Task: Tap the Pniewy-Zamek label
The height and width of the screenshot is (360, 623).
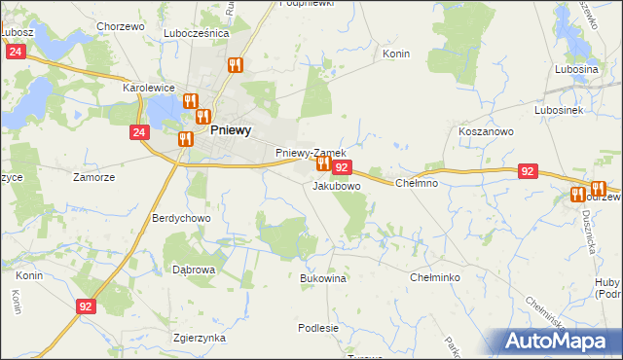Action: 311,153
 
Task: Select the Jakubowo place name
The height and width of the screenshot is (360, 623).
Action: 337,185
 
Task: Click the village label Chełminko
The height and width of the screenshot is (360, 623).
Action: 435,277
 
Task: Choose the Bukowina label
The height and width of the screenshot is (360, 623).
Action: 323,277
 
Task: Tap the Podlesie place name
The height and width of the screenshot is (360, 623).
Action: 318,328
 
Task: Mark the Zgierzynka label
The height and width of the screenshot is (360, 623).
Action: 199,338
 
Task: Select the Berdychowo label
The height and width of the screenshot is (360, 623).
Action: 181,219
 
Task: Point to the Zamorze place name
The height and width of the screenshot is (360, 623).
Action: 94,177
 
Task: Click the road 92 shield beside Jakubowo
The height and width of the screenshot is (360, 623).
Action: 342,167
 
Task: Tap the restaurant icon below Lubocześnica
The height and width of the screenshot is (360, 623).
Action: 235,65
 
